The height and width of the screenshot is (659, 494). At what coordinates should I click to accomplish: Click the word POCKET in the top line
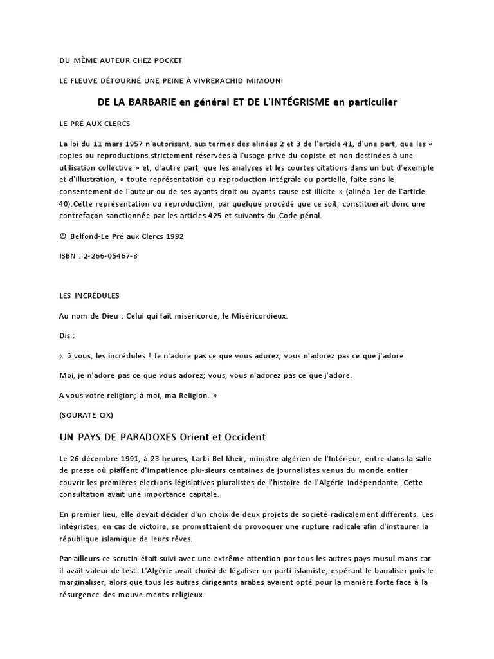(168, 60)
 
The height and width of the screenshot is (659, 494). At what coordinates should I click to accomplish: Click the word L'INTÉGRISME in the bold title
(293, 102)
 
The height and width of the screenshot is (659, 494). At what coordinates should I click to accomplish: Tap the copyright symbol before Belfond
(62, 236)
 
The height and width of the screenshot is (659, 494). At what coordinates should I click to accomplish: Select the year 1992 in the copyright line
(173, 236)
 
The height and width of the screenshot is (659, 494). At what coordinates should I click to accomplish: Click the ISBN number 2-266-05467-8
(108, 255)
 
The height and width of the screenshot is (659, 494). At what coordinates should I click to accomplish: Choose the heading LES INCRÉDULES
(89, 295)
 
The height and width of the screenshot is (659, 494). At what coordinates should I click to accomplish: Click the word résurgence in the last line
(81, 595)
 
